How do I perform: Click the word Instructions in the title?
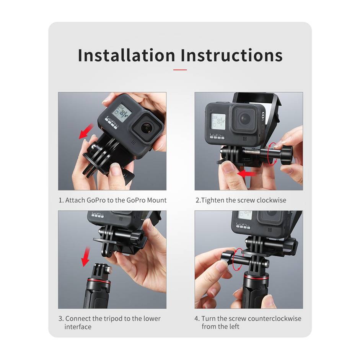point(232,55)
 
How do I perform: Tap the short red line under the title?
point(180,70)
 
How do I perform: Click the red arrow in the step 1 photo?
point(86,130)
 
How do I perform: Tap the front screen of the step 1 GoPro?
point(122,113)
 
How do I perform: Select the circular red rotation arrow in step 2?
point(272,154)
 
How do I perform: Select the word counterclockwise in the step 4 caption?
point(274,318)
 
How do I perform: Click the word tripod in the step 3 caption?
point(119,318)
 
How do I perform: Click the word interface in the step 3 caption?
point(78,327)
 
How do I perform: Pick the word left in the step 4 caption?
point(234,327)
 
